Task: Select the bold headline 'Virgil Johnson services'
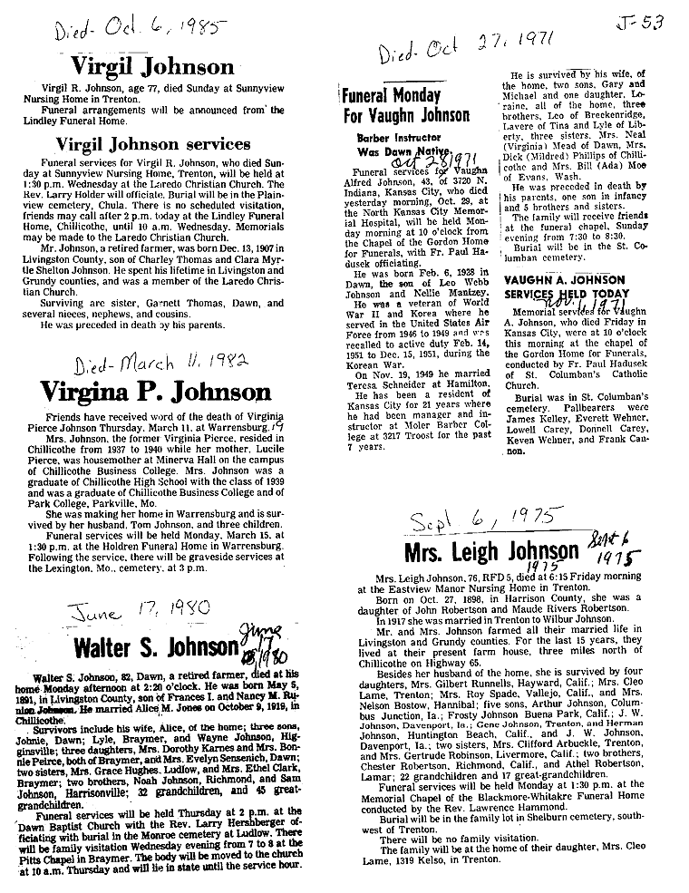coord(153,143)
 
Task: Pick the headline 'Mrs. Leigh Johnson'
coord(492,551)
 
